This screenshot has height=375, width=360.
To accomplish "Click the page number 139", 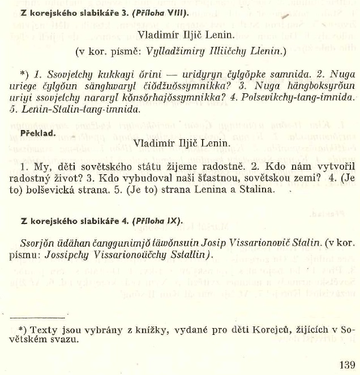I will coord(345,364).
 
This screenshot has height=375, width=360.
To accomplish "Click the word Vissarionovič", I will coord(260,243).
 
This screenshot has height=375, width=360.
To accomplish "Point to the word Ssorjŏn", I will coord(38,243).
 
